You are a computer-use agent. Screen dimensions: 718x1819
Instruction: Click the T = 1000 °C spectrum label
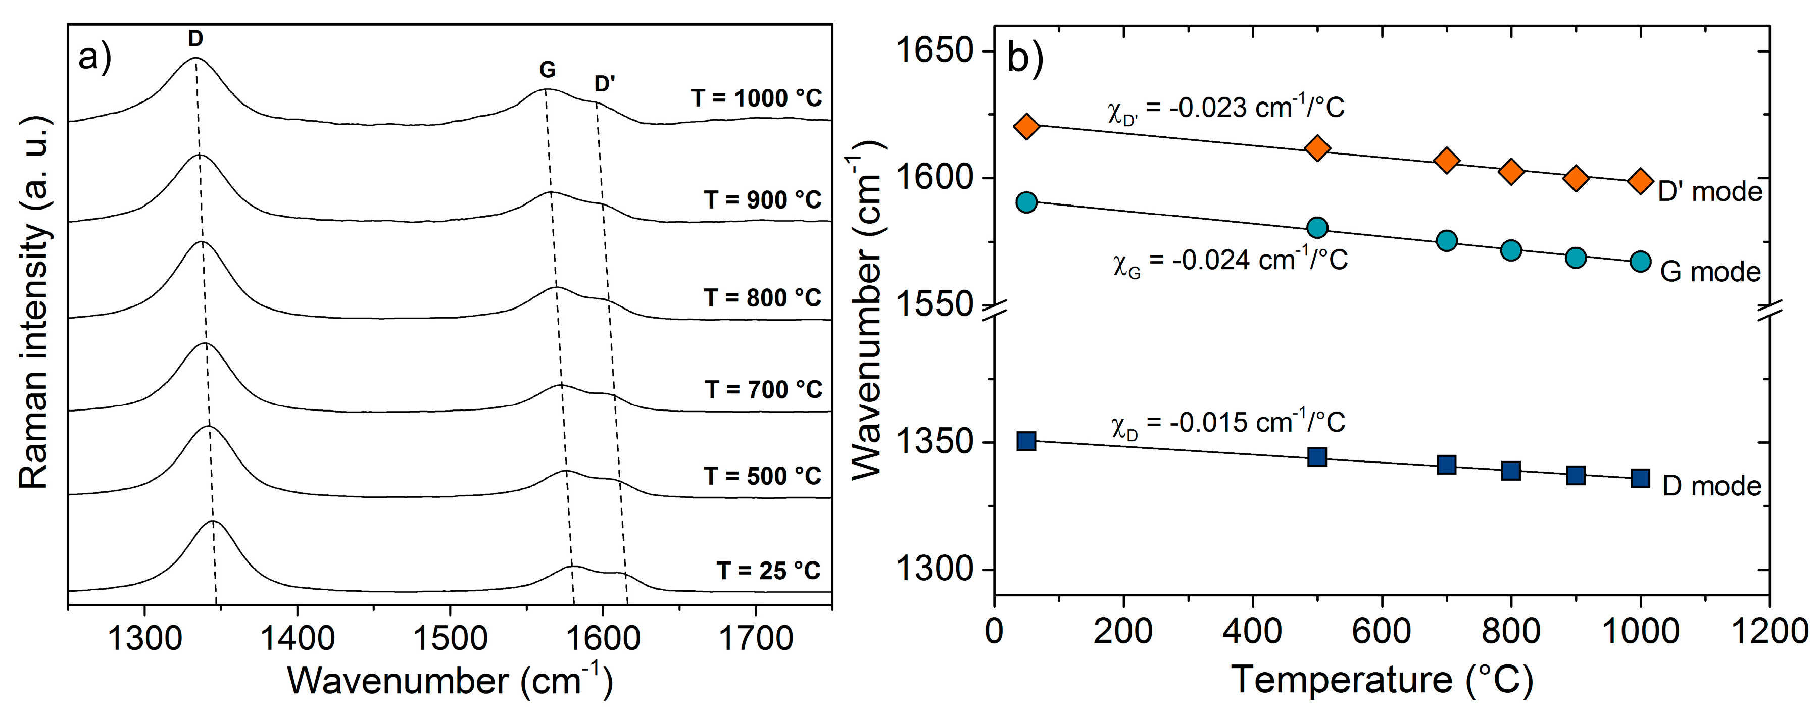coord(756,98)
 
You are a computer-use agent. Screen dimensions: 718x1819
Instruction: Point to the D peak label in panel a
coord(195,39)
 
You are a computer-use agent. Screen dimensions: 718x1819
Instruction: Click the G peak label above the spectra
coord(547,70)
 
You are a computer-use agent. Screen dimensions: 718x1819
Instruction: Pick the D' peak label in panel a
coord(605,84)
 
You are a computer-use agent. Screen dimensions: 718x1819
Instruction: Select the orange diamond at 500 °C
coord(1317,148)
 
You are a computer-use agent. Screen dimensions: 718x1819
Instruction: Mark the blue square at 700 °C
coord(1446,465)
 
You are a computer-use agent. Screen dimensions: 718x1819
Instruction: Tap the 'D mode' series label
coord(1712,486)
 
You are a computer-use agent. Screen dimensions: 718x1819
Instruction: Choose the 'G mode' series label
coord(1710,272)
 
